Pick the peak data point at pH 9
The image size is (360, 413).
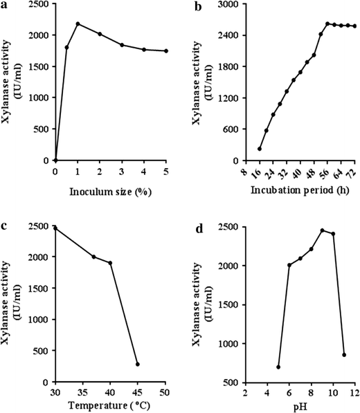322,230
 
